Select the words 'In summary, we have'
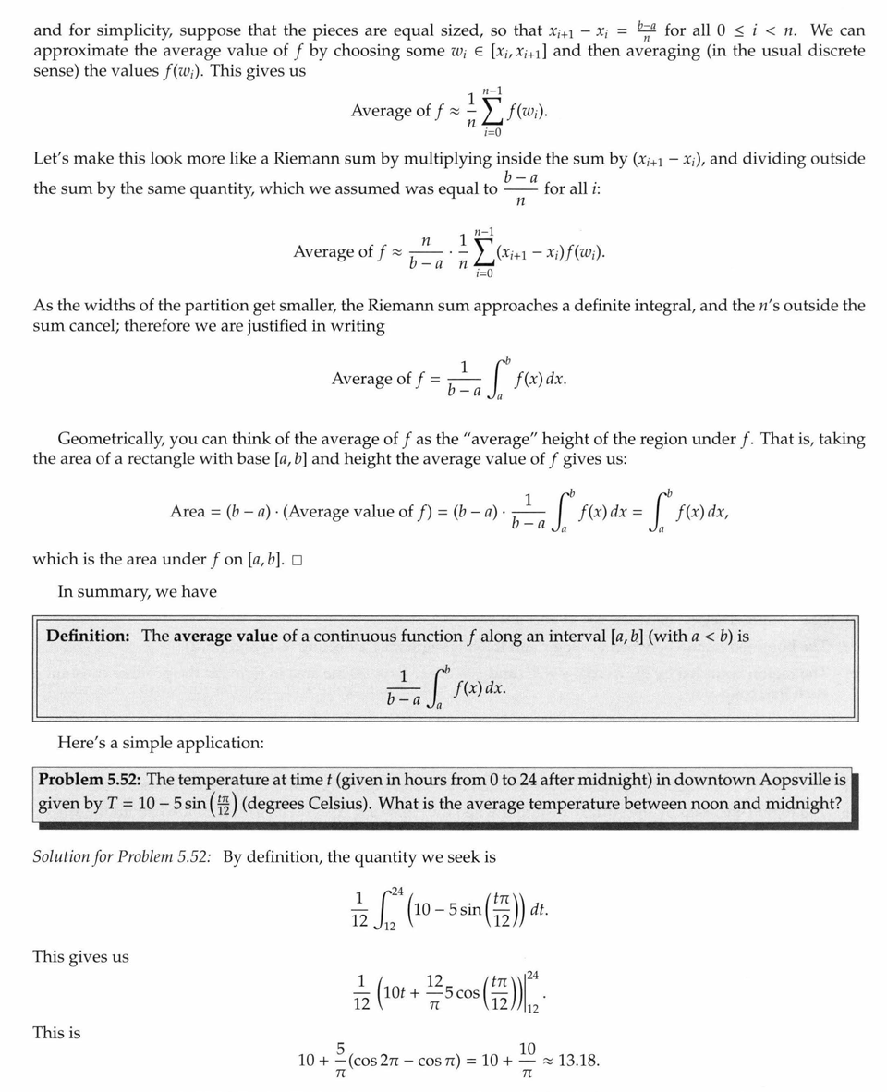[x=137, y=592]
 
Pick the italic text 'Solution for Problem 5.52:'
[x=122, y=856]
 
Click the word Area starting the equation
[x=188, y=511]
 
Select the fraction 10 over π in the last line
[x=528, y=1061]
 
